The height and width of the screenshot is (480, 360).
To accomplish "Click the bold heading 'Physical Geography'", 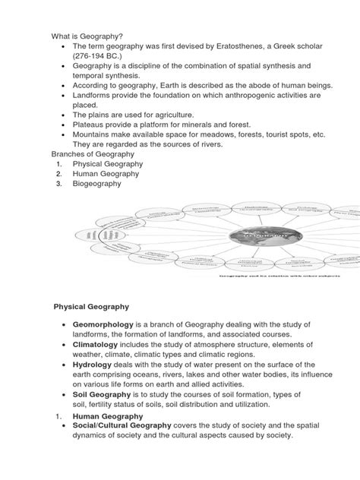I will click(x=90, y=306).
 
